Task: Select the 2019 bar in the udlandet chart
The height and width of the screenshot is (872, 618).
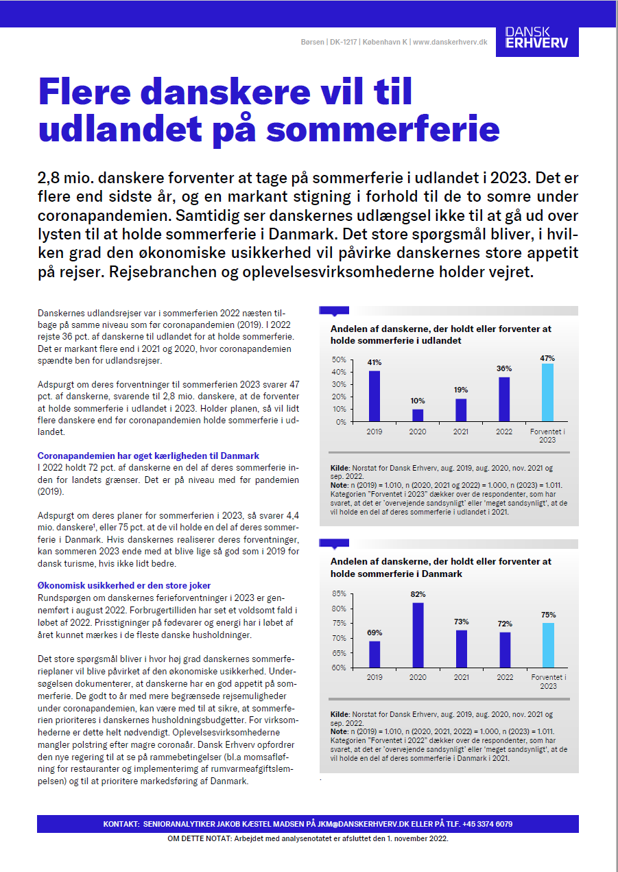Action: tap(375, 396)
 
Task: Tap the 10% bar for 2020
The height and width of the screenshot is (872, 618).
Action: tap(418, 415)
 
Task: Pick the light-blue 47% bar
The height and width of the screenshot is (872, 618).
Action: tap(547, 392)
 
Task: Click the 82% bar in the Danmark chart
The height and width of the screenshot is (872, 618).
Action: tap(418, 635)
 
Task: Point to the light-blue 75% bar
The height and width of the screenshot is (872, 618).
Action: tap(547, 645)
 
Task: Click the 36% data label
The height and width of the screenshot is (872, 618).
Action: tap(504, 369)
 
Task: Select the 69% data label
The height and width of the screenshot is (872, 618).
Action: tap(375, 633)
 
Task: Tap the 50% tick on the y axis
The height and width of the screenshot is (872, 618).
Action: tap(339, 360)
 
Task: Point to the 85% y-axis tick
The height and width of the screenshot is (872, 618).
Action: tap(339, 593)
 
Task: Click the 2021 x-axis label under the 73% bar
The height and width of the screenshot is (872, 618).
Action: tap(461, 677)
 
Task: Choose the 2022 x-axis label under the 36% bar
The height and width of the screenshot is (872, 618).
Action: tap(504, 432)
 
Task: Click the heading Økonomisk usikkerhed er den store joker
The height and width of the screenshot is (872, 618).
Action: tap(124, 586)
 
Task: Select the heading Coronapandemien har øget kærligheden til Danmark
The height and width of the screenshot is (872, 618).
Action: tap(148, 456)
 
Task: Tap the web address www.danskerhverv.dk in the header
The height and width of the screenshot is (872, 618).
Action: tap(450, 42)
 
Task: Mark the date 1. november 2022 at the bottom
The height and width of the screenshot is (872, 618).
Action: tap(413, 838)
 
